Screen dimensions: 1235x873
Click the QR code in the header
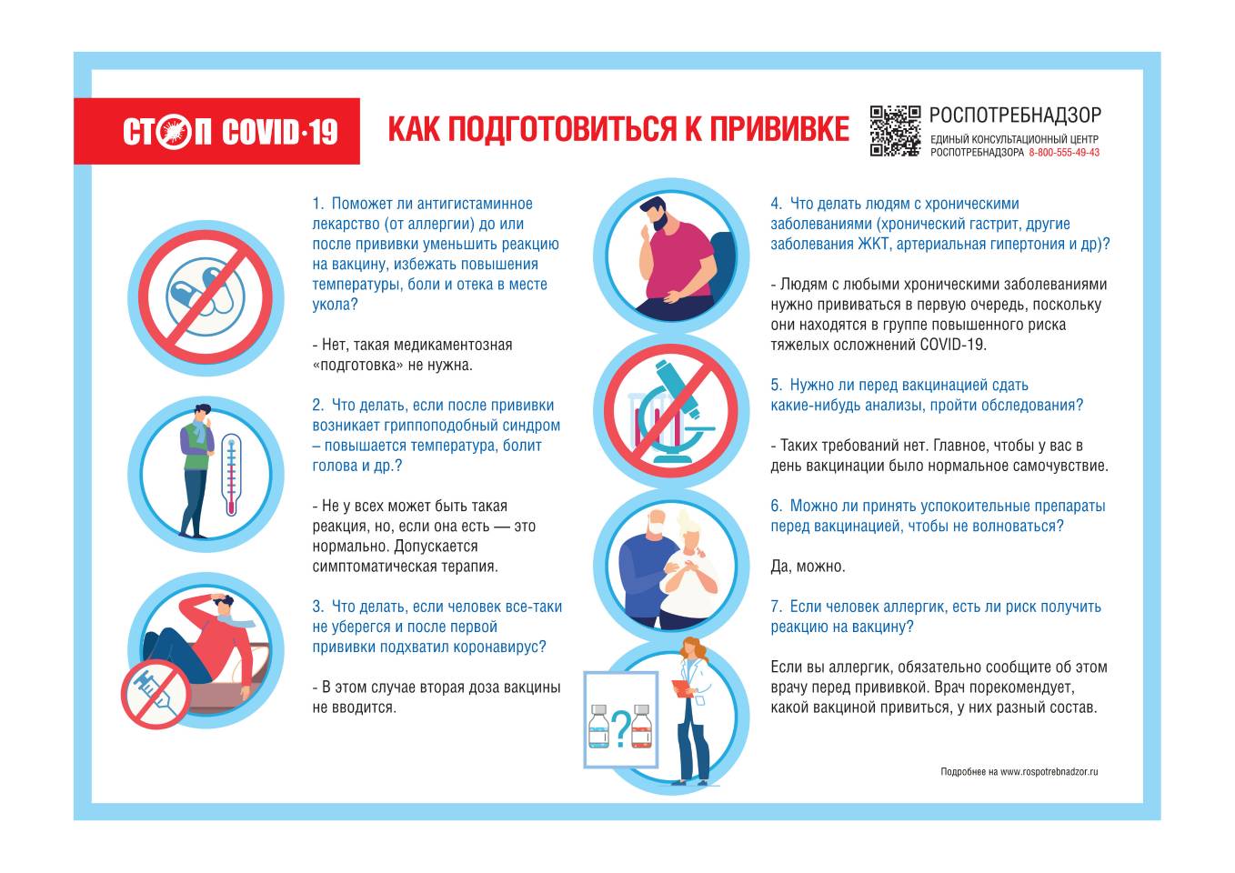tap(895, 131)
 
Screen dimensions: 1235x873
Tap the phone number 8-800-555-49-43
tap(1064, 153)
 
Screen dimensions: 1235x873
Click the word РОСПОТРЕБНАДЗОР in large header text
tap(1015, 115)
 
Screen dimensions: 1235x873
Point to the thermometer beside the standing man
tap(232, 475)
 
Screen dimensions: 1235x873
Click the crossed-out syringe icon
tap(156, 695)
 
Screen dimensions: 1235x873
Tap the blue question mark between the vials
tap(621, 728)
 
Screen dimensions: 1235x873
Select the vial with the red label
tap(642, 727)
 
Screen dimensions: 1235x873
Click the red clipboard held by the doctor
tap(682, 689)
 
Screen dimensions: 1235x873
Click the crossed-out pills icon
tap(206, 297)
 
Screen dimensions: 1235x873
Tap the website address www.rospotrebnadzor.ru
tap(1049, 771)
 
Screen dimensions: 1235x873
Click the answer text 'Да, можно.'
tap(808, 566)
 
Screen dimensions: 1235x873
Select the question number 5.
tap(776, 385)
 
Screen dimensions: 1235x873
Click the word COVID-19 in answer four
tap(953, 345)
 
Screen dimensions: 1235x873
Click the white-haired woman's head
tap(688, 529)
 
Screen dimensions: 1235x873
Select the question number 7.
tap(776, 607)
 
